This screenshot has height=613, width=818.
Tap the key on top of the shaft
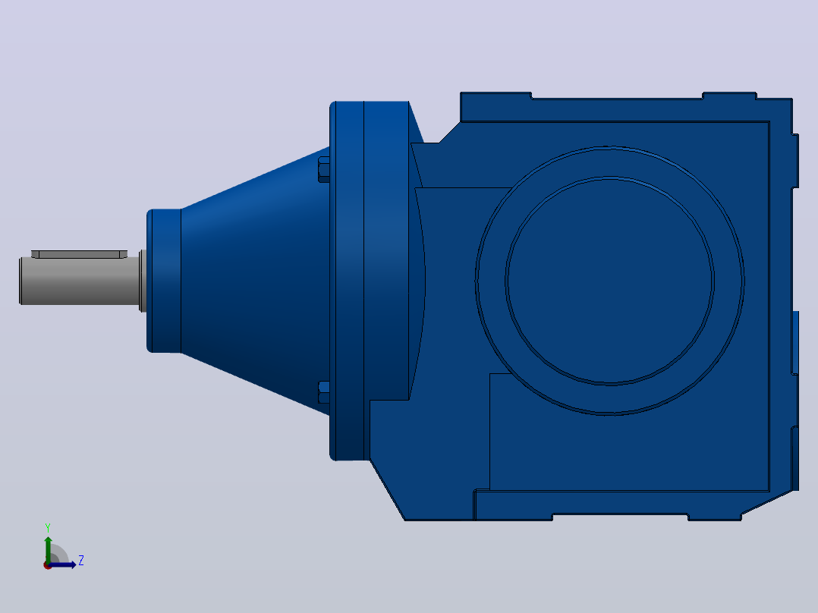click(x=79, y=254)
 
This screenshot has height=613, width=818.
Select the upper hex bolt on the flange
click(x=324, y=169)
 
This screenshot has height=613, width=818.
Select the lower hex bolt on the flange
click(x=324, y=392)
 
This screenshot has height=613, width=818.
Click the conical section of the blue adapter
click(x=255, y=281)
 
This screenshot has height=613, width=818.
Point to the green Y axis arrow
click(x=48, y=549)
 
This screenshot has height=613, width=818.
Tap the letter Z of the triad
click(x=81, y=561)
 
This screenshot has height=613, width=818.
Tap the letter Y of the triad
click(x=48, y=527)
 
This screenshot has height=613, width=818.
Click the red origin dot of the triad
click(x=47, y=566)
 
